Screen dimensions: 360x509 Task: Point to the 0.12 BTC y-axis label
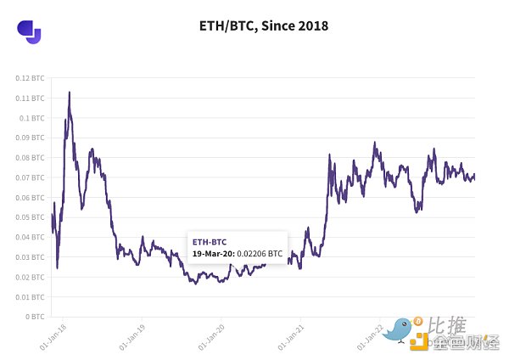[31, 77]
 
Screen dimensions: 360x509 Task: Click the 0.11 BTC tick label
[31, 98]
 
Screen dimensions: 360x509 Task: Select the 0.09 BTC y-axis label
[31, 138]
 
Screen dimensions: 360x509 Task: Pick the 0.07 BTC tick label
[31, 177]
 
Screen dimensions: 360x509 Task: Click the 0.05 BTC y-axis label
[31, 217]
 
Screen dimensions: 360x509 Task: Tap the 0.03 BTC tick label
[31, 257]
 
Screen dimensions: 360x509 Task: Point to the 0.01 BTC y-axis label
[31, 297]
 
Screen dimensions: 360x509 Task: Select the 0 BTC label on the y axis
[35, 317]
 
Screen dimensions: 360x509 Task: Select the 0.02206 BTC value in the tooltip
[260, 253]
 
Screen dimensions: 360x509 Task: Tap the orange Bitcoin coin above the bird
[418, 323]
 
